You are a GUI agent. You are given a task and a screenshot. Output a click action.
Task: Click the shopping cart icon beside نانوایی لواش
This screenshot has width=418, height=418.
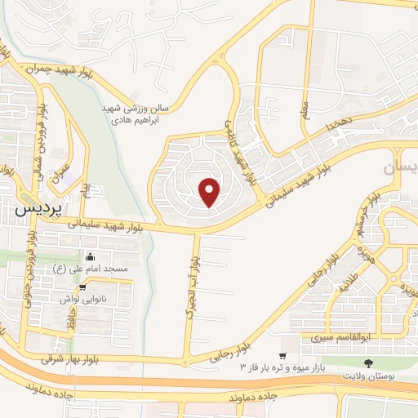82,288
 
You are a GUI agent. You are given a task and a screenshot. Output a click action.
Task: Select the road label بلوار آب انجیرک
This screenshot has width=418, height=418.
193,289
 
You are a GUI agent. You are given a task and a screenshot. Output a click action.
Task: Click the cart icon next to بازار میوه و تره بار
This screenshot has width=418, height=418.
282,355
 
